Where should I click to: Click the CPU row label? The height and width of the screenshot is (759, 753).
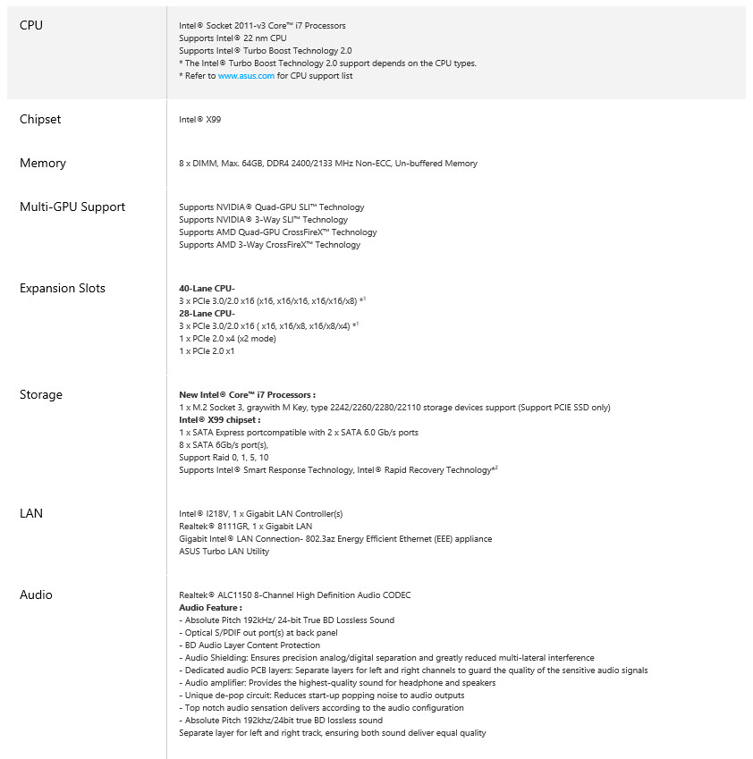tap(31, 25)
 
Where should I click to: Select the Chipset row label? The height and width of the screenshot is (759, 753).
tap(40, 119)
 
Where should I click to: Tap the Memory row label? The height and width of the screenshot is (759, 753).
tap(43, 163)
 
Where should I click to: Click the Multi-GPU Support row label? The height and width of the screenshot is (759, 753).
tap(72, 207)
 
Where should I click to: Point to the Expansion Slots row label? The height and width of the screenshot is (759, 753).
tap(63, 288)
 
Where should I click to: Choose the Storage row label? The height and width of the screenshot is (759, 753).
tap(41, 394)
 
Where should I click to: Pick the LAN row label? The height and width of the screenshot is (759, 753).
tap(31, 513)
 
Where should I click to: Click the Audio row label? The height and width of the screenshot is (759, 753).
tap(36, 595)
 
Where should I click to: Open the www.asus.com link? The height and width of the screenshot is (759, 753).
tap(246, 76)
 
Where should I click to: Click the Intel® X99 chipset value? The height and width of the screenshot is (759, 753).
tap(199, 119)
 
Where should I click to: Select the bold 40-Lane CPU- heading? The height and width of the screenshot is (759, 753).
tap(207, 288)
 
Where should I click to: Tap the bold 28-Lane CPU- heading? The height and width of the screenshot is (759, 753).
tap(207, 313)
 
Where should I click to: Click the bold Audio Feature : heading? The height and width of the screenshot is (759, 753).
tap(210, 607)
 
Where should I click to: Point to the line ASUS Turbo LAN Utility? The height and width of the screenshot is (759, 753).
tap(224, 551)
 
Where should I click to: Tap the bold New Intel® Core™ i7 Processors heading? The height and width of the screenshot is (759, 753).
tap(247, 394)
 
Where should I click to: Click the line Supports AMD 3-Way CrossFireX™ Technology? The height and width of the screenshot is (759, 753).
tap(269, 244)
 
